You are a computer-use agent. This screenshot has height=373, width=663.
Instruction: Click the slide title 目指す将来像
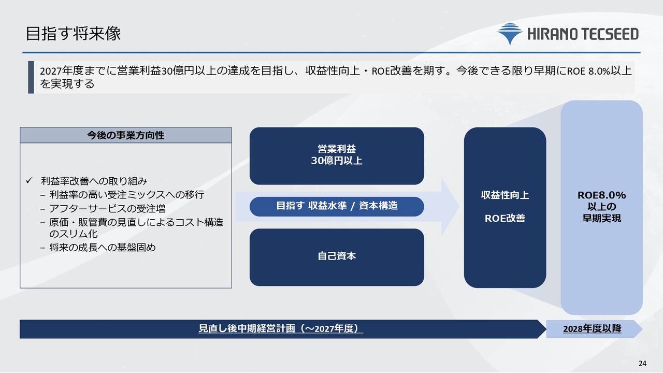(x=73, y=34)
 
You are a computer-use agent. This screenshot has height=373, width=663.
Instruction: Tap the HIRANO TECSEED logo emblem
(x=510, y=34)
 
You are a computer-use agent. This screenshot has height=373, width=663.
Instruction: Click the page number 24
(x=643, y=363)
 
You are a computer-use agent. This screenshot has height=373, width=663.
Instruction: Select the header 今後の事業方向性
(x=126, y=135)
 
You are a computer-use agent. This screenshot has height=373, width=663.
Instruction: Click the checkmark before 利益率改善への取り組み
(x=28, y=180)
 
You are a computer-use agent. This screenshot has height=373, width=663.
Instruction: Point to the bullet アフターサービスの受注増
(x=107, y=208)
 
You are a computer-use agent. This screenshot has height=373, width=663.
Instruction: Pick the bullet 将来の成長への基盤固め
(x=103, y=247)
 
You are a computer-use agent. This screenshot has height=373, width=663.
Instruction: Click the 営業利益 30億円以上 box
(x=337, y=156)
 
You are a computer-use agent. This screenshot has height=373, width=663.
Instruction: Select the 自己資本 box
(x=337, y=257)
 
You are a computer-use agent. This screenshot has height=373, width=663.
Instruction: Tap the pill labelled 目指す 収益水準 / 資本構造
(x=337, y=206)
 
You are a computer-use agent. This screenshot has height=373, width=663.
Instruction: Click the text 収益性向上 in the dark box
(x=505, y=195)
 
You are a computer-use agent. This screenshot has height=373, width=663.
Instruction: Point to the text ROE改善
(x=505, y=218)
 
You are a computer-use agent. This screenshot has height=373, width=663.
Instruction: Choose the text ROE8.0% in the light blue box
(x=602, y=195)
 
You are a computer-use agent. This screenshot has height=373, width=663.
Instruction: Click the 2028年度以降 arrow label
(x=592, y=329)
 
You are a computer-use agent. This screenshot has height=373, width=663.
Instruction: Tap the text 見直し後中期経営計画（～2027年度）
(x=281, y=328)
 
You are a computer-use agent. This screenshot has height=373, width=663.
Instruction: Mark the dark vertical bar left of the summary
(x=31, y=77)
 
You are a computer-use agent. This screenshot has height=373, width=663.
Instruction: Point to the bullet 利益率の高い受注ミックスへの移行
(x=127, y=194)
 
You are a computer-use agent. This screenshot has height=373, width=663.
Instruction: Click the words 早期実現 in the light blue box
(x=602, y=218)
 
